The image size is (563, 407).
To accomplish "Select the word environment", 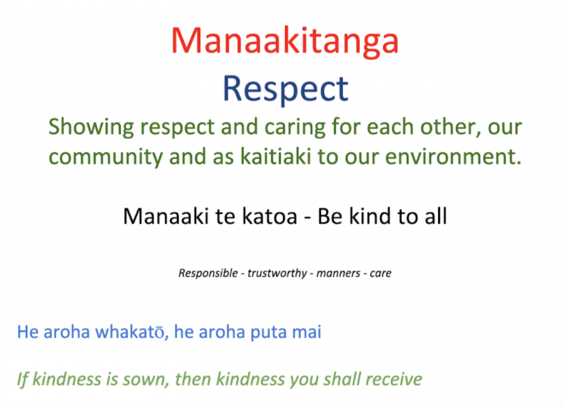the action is pyautogui.click(x=453, y=156).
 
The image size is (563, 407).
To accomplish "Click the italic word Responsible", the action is pyautogui.click(x=208, y=273).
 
